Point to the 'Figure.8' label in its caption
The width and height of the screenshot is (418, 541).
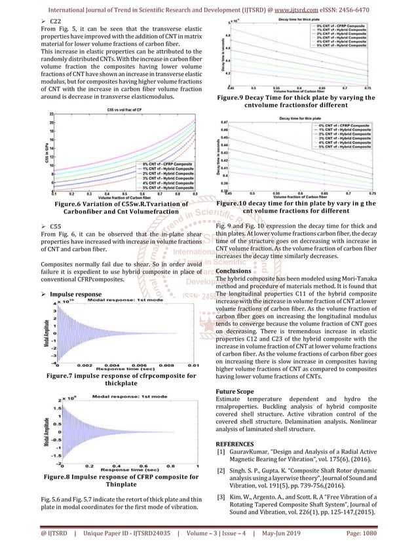point(61,477)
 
